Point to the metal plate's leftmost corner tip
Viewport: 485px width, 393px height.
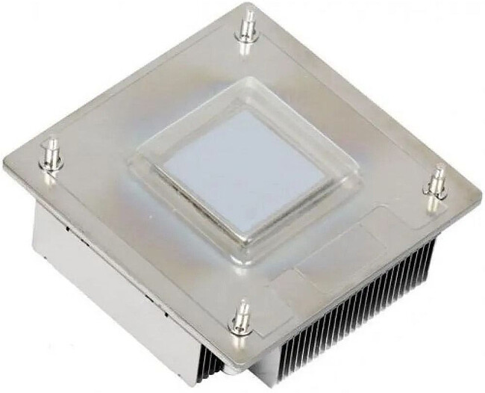(6, 166)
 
